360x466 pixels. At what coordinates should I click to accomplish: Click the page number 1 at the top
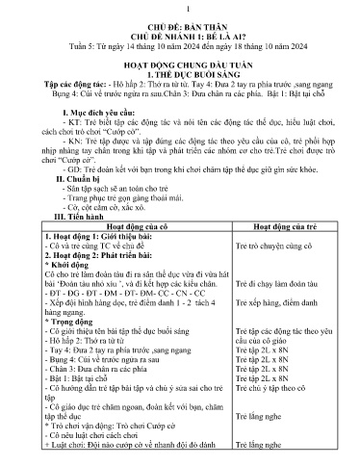(180, 9)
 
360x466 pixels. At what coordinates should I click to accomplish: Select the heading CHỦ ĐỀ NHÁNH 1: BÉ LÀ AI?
(180, 42)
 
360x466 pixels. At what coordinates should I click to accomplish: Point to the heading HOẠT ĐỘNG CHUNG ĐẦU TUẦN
(180, 82)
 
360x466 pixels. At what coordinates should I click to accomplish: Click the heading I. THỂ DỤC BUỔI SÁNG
(180, 92)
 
